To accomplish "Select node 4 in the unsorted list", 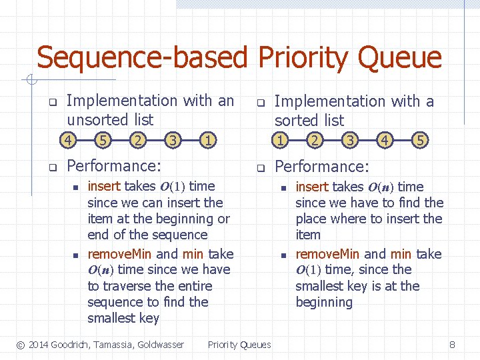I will coord(67,140).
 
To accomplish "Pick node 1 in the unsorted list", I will coord(209,140).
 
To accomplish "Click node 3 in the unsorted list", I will coord(173,140).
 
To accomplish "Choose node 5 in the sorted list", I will coord(420,141).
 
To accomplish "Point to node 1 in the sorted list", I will coord(281,141).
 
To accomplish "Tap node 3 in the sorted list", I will coord(349,141).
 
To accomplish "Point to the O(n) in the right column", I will coord(379,187).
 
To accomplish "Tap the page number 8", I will coord(452,345).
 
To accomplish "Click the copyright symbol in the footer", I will coord(21,345).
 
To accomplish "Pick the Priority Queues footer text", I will coord(239,345).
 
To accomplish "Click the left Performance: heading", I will coord(114,165).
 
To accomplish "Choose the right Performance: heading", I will coord(321,166).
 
